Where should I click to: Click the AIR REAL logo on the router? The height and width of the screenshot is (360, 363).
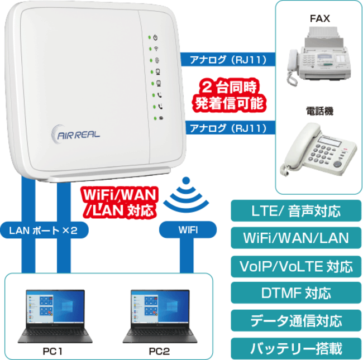click(75, 134)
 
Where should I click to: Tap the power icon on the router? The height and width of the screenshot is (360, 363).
click(156, 37)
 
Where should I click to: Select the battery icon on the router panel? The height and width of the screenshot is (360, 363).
click(161, 118)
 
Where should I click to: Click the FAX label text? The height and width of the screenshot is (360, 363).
click(319, 18)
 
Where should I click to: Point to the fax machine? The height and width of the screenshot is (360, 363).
click(319, 55)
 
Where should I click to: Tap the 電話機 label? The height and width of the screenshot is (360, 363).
click(319, 111)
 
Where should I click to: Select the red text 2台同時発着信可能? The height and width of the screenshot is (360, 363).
click(229, 95)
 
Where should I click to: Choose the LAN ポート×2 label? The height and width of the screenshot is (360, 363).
click(44, 230)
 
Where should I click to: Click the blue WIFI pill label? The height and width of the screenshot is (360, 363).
click(188, 230)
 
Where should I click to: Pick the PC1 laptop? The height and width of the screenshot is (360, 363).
click(55, 316)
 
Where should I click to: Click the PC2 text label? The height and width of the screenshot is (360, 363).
click(159, 352)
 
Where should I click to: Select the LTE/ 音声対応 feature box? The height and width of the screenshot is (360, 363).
click(296, 211)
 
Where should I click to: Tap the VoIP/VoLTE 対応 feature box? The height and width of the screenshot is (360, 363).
click(296, 267)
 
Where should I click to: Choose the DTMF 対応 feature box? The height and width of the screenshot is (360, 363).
click(296, 293)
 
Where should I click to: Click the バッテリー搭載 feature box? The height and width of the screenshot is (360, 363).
click(296, 348)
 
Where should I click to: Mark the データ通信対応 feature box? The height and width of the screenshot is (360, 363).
click(296, 321)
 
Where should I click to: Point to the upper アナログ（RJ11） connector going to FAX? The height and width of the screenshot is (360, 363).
click(228, 59)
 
